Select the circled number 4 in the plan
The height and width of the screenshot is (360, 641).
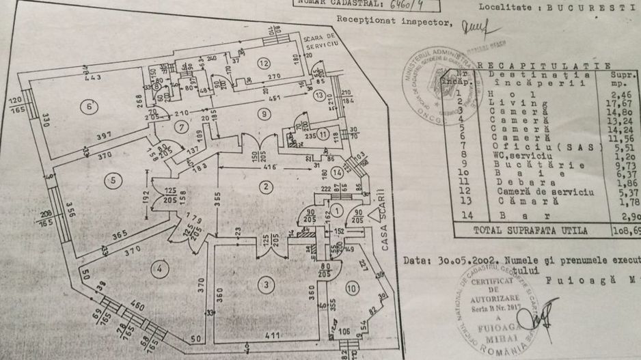click(160, 269)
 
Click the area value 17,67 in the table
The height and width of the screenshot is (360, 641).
click(627, 102)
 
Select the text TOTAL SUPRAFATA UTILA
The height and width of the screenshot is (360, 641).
click(530, 232)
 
